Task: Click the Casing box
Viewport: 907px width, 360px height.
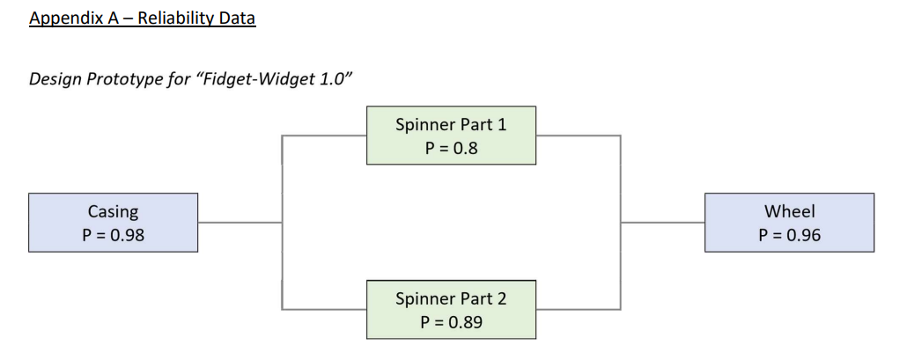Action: pos(113,223)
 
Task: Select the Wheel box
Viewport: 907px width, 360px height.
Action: pos(789,223)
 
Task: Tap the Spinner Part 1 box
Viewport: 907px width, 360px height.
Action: pos(451,135)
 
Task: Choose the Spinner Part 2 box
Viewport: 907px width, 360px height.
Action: pos(451,310)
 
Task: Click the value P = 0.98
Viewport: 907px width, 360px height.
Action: pos(113,235)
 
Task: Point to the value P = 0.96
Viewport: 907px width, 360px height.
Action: pos(789,235)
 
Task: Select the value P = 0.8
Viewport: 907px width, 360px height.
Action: pos(451,148)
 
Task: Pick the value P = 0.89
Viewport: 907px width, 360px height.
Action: pos(451,322)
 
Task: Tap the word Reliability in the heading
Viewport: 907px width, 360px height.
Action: pos(174,18)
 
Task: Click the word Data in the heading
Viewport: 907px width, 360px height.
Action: pos(236,18)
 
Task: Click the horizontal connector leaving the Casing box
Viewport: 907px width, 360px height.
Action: pos(240,223)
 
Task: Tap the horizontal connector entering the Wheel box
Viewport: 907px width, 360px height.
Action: pos(662,223)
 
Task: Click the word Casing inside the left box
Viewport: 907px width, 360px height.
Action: pos(113,211)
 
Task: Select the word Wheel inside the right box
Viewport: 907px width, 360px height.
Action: pos(789,211)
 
